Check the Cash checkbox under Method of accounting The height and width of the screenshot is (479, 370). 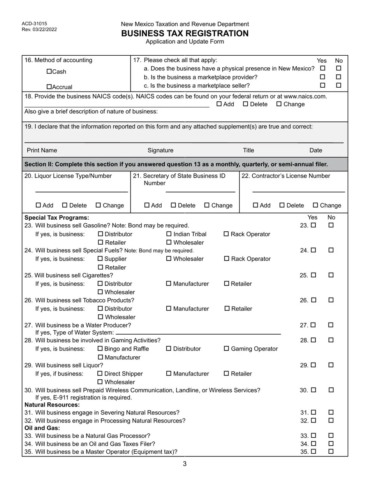[49, 72]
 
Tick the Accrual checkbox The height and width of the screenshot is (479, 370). [49, 87]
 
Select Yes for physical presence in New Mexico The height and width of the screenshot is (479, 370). [322, 69]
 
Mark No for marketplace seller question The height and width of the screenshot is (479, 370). [338, 85]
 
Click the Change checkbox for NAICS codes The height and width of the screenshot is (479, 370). [279, 104]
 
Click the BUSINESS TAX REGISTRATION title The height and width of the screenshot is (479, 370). [185, 33]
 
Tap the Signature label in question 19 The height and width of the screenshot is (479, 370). [160, 150]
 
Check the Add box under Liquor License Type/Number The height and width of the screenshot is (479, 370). [38, 205]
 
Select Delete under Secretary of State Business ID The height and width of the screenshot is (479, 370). [174, 205]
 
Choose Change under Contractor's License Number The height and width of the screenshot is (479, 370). [315, 205]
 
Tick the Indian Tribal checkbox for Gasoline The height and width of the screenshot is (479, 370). [169, 234]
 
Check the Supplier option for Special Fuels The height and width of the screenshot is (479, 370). [100, 259]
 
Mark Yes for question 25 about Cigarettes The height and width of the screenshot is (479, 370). [314, 275]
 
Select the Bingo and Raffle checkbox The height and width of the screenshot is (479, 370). [100, 349]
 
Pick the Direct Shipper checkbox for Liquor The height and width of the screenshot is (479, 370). [100, 373]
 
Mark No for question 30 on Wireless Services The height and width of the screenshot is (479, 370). [331, 390]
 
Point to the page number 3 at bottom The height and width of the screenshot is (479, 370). [185, 463]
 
